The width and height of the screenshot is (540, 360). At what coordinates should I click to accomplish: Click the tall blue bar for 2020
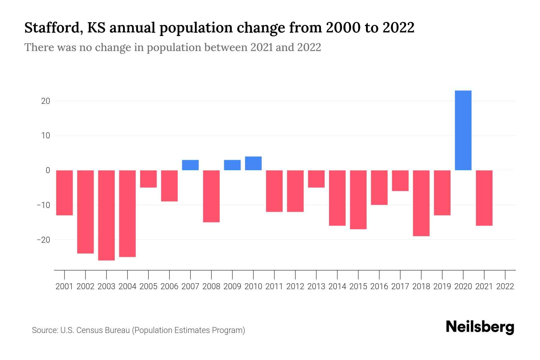click(x=463, y=130)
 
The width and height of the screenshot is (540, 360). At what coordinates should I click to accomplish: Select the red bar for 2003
click(x=106, y=215)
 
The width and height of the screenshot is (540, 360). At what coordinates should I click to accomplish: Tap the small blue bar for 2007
click(x=190, y=165)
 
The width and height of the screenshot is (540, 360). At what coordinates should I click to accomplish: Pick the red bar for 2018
click(x=421, y=203)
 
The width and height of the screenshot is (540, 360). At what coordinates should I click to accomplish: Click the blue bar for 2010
click(x=253, y=163)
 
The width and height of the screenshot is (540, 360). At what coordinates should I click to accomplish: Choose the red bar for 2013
click(x=316, y=179)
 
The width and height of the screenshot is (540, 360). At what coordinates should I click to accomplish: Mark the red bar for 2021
click(x=484, y=198)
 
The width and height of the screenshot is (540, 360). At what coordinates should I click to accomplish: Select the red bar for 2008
click(x=211, y=196)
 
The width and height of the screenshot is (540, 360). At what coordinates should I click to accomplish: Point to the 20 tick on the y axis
click(x=46, y=101)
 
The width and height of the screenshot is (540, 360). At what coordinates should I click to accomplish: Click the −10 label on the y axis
click(x=43, y=205)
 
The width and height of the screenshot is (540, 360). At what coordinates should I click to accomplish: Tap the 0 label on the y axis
click(x=48, y=170)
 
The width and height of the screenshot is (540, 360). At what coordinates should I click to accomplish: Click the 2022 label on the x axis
click(x=505, y=286)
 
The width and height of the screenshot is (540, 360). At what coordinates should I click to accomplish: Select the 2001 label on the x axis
click(x=64, y=286)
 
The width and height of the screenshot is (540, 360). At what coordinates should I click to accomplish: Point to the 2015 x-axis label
click(x=358, y=286)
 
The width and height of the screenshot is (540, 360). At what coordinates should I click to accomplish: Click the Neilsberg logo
click(x=480, y=328)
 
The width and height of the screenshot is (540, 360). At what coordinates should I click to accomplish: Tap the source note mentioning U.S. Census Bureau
click(x=139, y=330)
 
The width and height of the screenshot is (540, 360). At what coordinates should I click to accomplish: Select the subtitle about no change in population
click(x=172, y=47)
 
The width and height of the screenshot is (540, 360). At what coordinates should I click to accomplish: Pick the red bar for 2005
click(x=148, y=179)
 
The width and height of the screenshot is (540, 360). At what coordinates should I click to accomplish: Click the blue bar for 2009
click(x=232, y=165)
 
